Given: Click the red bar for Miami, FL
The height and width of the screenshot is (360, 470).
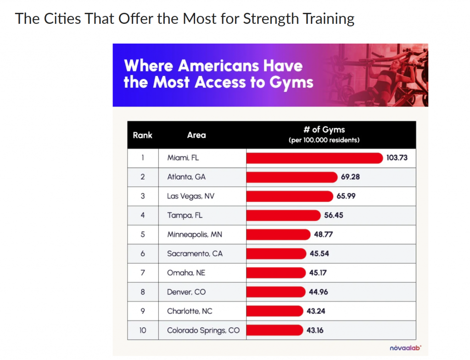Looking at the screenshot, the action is (x=314, y=158).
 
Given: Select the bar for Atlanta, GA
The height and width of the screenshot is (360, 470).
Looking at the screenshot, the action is (x=291, y=177).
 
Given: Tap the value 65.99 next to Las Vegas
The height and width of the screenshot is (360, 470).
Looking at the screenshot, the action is (x=346, y=196).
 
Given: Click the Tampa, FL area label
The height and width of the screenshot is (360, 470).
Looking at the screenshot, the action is (x=185, y=215).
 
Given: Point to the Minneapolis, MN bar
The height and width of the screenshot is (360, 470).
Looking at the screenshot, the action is (x=278, y=235).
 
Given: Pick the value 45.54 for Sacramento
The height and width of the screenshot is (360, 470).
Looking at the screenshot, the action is (x=319, y=254).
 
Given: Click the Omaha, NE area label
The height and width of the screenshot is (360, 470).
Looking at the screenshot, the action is (x=186, y=273).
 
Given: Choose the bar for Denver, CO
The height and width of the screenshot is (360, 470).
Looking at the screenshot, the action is (x=276, y=292).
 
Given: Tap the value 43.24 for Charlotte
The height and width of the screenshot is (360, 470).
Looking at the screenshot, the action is (x=316, y=311).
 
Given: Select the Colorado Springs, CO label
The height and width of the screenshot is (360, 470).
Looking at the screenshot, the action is (x=203, y=331).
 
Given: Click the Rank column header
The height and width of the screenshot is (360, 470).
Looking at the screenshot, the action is (x=142, y=135).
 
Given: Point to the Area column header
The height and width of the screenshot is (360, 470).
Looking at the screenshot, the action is (x=196, y=135).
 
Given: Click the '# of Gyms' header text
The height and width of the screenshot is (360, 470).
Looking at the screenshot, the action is (x=324, y=129).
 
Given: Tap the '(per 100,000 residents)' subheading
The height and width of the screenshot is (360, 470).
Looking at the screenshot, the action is (x=324, y=140).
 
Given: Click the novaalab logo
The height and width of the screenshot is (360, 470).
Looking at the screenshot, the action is (x=405, y=348).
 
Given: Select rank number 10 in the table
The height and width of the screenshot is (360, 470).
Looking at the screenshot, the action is (x=143, y=330).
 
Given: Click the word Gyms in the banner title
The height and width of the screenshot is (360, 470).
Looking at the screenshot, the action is (x=291, y=83).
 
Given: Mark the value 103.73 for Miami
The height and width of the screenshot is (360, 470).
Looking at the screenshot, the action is (x=397, y=158).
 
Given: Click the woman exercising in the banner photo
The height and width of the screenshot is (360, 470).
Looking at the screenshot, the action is (x=380, y=81).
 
